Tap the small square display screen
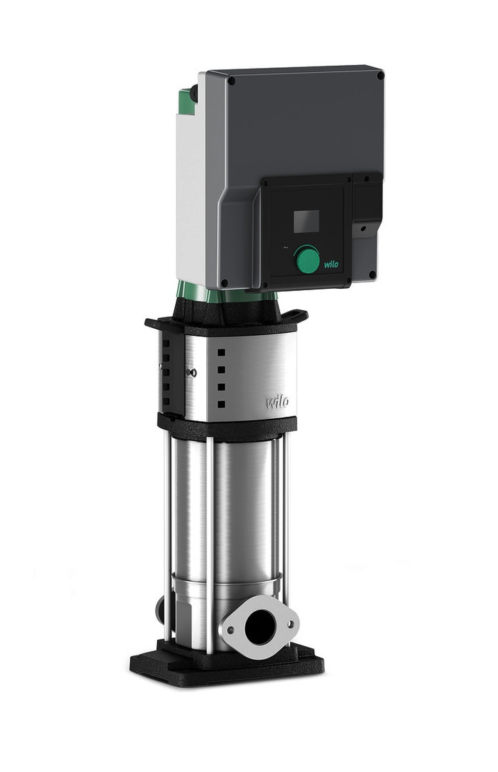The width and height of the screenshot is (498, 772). pos(306,221)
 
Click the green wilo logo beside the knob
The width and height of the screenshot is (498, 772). pos(332,264)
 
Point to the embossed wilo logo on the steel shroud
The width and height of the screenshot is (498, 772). pos(277,402)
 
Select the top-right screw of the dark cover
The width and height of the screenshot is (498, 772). pos(379,75)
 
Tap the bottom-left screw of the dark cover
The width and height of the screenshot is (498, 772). pos(224,283)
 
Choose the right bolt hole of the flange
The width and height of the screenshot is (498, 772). pos(290,624)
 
